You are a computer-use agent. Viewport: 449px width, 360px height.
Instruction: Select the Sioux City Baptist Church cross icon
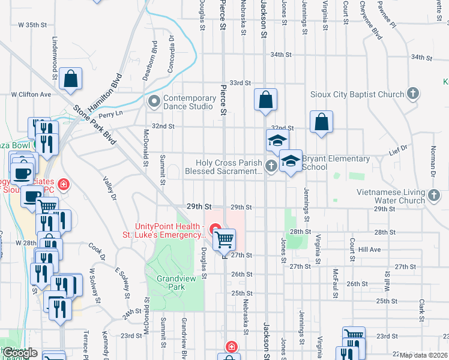click(x=412, y=94)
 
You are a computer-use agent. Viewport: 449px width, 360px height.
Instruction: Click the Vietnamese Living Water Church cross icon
click(x=435, y=195)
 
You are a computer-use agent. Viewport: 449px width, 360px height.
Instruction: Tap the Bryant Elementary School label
click(x=336, y=163)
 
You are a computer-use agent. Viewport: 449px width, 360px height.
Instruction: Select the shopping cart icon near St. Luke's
click(x=224, y=239)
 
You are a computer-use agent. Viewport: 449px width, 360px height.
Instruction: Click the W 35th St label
click(x=32, y=25)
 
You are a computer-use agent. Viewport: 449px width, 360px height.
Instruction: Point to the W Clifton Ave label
click(x=32, y=95)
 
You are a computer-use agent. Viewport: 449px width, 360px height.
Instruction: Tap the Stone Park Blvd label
click(x=94, y=126)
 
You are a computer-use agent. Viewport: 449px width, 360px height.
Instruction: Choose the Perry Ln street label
click(x=110, y=113)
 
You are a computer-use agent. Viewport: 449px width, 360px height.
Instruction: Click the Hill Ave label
click(x=370, y=249)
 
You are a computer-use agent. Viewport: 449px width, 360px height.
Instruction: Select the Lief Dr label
click(x=399, y=148)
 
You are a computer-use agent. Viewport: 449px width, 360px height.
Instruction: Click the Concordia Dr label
click(x=170, y=54)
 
